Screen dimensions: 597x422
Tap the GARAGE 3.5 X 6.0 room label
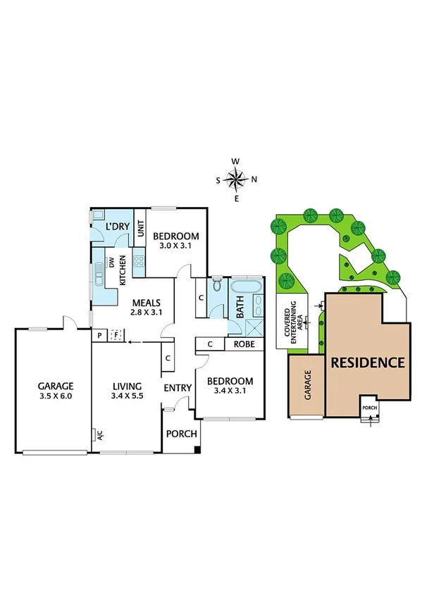56,391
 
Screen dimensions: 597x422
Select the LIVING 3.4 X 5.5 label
127,391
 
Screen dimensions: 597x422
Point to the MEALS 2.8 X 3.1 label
147,306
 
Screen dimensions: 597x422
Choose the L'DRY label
116,226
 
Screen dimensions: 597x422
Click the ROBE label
244,344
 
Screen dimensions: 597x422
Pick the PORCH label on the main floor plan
181,433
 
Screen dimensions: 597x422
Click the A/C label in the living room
99,434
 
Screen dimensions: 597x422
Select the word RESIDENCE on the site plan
368,363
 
